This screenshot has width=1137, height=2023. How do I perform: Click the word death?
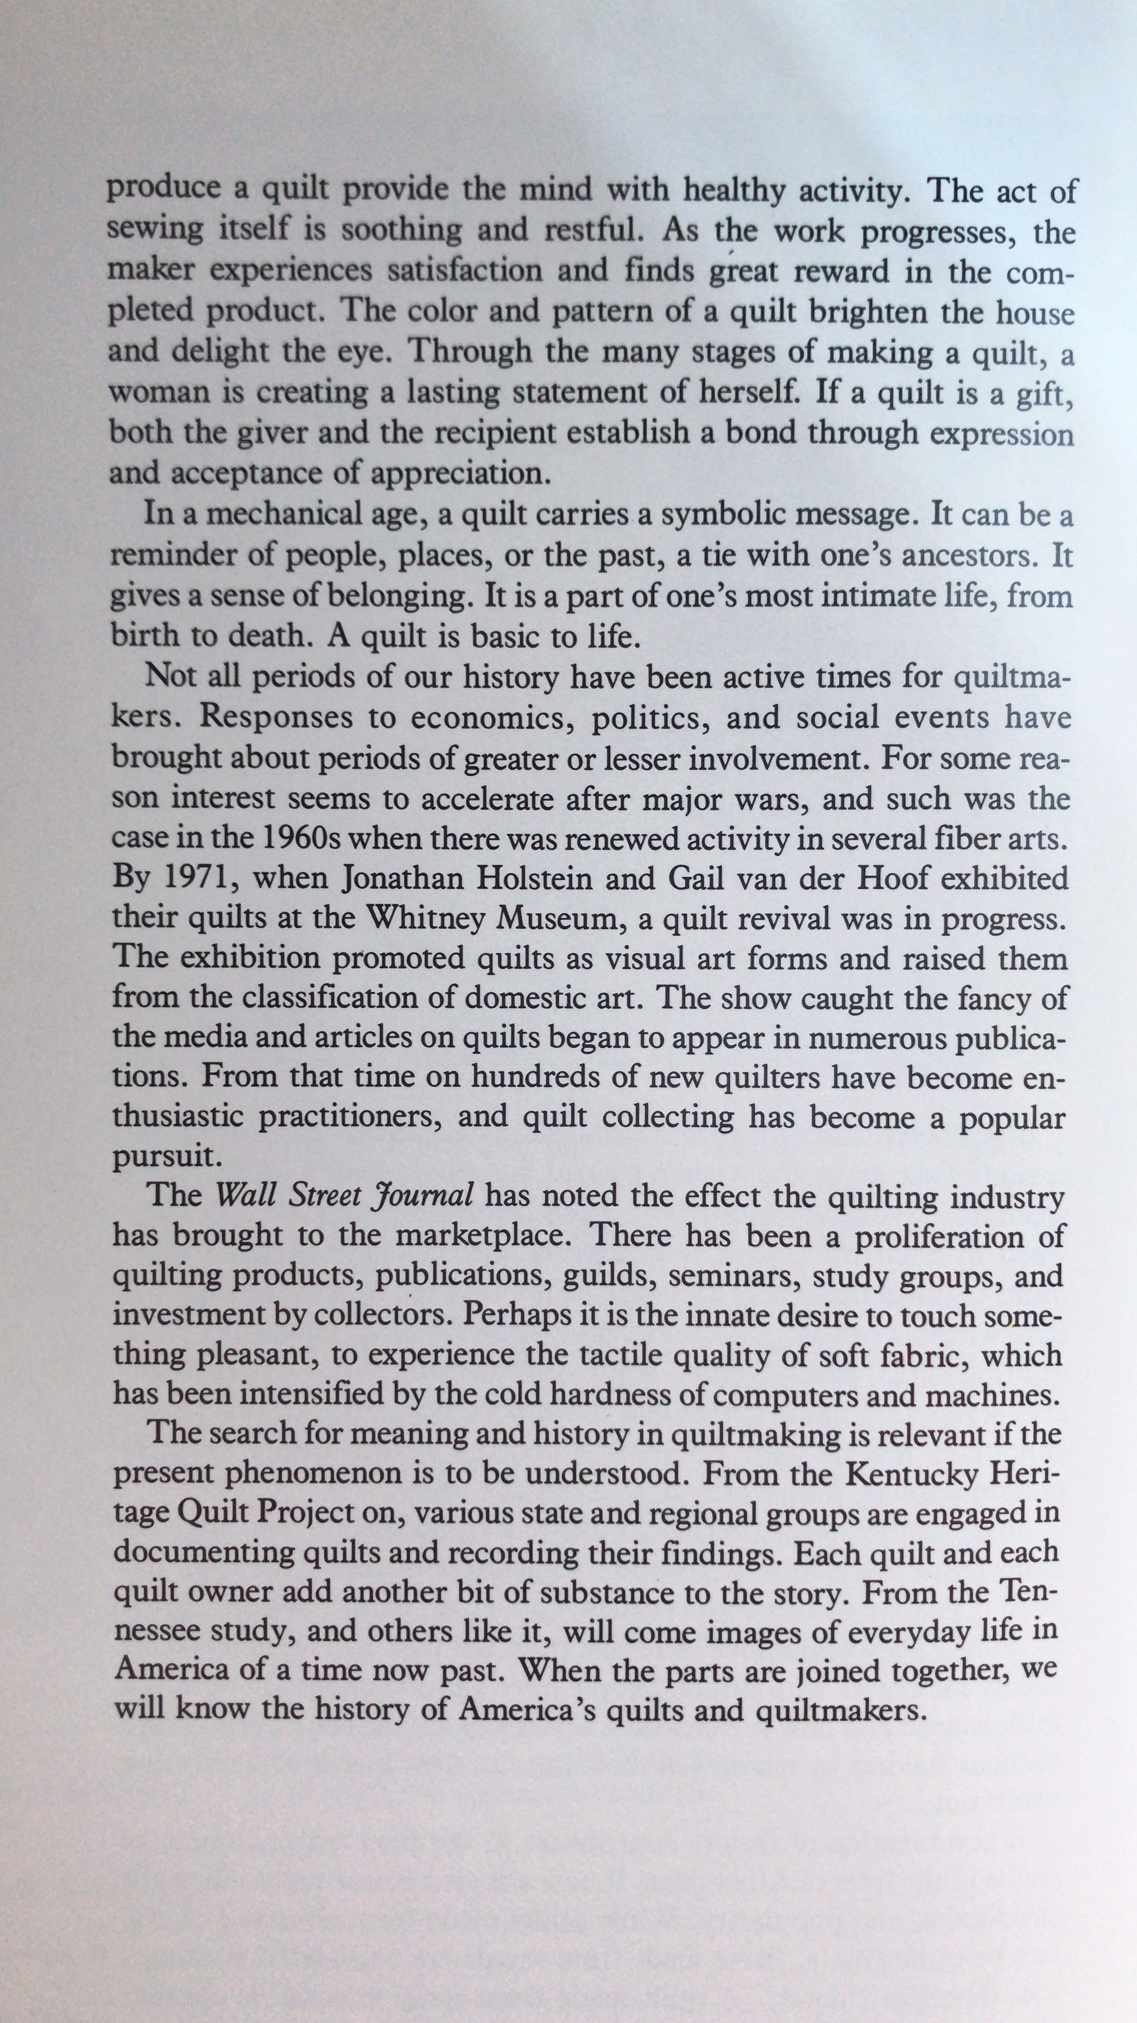(x=269, y=636)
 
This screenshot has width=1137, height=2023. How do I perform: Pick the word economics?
(x=490, y=718)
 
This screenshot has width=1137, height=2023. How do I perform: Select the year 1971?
(x=197, y=878)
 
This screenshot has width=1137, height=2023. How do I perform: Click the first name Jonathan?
(x=420, y=878)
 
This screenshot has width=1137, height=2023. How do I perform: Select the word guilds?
(x=609, y=1276)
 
